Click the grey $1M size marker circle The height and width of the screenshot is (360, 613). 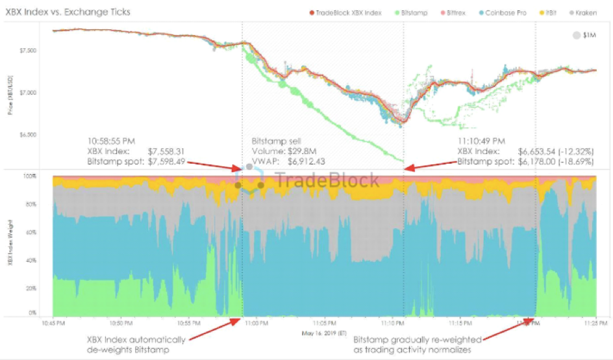pos(576,36)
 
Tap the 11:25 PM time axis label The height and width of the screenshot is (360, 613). pos(597,322)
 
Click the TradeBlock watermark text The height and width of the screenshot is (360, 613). pos(327,180)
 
